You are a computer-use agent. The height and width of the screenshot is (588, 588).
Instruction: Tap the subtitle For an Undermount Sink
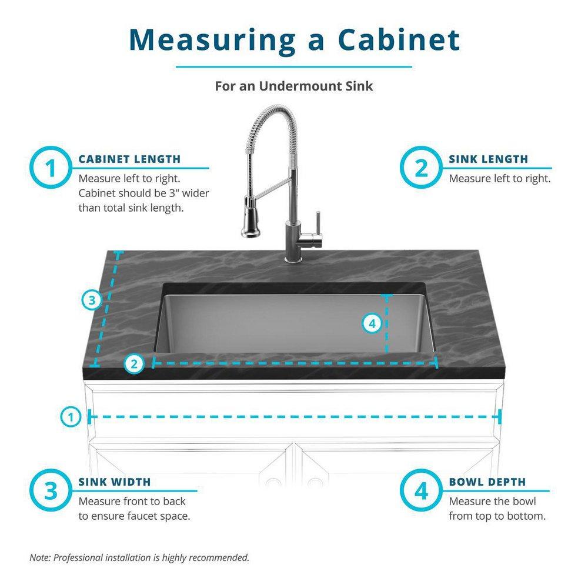[293, 86]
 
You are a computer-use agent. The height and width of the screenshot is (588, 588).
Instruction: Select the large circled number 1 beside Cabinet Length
[51, 168]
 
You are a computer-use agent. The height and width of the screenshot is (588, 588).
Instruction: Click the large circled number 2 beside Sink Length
[422, 168]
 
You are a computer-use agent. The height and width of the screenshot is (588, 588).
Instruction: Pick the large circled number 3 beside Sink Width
[51, 491]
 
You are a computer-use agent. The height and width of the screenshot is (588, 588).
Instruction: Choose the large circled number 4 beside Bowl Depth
[422, 491]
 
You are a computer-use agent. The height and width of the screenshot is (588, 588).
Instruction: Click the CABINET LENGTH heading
[129, 159]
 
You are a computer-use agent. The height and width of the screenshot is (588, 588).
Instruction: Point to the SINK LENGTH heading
[488, 159]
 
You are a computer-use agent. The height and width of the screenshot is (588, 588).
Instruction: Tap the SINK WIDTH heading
[115, 482]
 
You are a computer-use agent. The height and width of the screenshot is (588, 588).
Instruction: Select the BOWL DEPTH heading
[487, 482]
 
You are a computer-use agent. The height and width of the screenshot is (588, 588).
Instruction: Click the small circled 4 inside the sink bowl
[372, 323]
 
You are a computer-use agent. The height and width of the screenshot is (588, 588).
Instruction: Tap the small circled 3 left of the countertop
[91, 300]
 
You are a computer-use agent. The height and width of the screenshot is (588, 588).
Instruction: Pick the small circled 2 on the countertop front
[135, 364]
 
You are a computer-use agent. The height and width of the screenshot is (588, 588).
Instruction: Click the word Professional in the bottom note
[80, 557]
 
